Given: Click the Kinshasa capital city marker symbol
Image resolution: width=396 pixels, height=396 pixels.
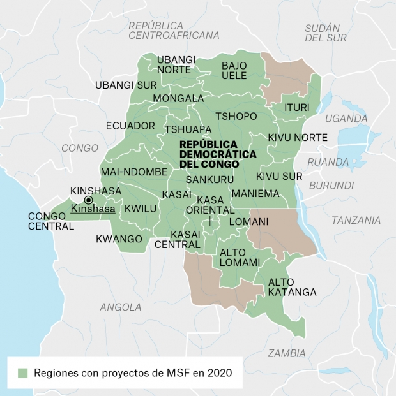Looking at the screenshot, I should [88, 200].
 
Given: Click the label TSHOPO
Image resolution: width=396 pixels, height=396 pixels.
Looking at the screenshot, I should [236, 116].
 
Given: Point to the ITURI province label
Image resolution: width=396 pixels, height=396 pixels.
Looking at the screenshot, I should [296, 106].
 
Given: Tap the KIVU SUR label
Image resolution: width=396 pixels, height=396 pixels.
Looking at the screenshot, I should [279, 176].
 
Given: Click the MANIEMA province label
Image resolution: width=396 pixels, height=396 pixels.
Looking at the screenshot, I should [255, 193].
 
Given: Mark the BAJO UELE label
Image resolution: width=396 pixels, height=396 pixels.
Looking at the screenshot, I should [234, 71].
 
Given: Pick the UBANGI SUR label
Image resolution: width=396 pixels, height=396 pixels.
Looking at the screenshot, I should [126, 85].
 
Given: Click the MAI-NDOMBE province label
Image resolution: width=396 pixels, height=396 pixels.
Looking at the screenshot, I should [133, 172].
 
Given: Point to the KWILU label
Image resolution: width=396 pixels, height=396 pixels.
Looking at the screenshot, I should [140, 209].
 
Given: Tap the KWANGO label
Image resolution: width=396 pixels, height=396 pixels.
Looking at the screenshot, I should [119, 239].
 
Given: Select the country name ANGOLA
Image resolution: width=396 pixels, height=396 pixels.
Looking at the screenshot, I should [121, 307].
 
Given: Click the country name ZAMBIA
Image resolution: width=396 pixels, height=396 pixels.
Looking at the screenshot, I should [286, 353].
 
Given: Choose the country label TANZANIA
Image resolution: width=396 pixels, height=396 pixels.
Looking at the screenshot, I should [356, 220].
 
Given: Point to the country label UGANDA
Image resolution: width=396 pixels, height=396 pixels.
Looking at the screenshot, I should [346, 118].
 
